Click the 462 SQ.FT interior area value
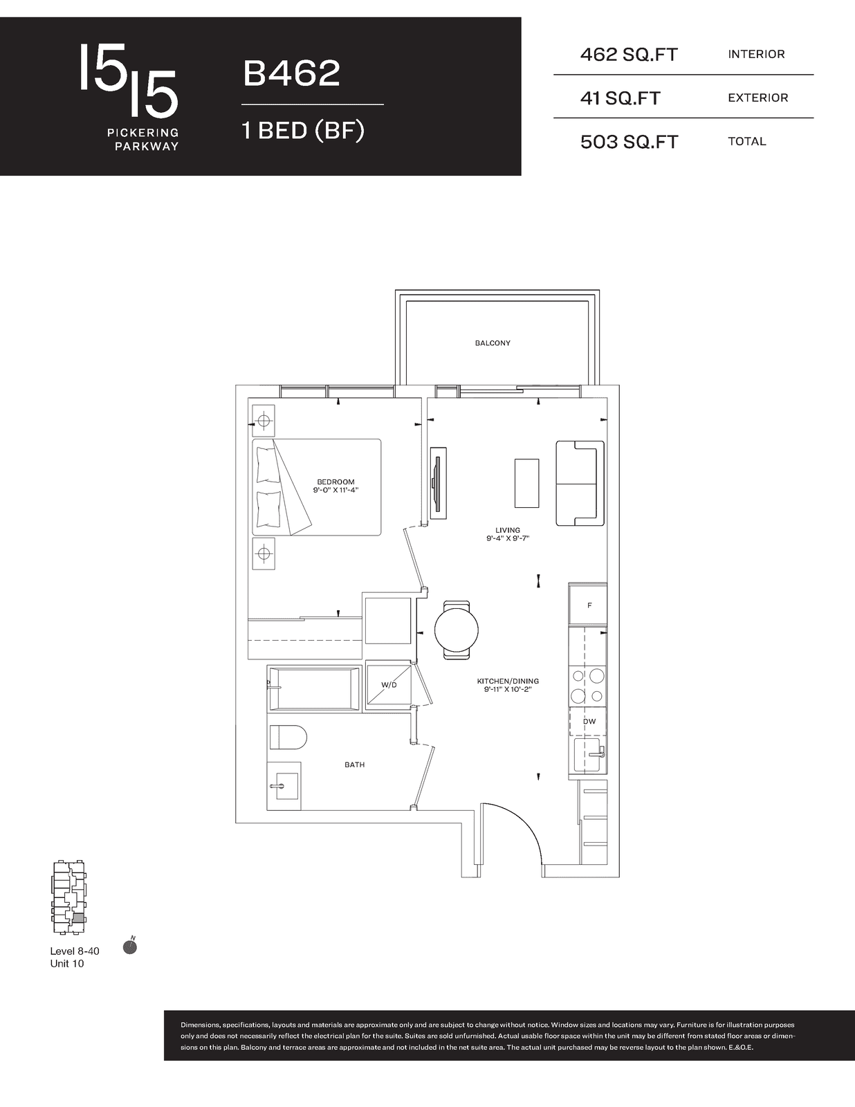[629, 55]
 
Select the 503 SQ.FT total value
[629, 142]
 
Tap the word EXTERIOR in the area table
[757, 98]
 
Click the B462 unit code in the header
[291, 73]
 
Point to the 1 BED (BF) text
[303, 131]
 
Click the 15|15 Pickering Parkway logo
[129, 97]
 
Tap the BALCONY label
[493, 343]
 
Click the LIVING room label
[508, 530]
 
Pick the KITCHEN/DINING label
[508, 681]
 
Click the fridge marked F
[588, 605]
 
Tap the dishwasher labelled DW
[589, 722]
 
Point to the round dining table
[457, 630]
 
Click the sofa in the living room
[580, 483]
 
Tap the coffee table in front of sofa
[526, 483]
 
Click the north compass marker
[130, 946]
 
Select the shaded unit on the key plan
[78, 917]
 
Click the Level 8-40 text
[74, 951]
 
